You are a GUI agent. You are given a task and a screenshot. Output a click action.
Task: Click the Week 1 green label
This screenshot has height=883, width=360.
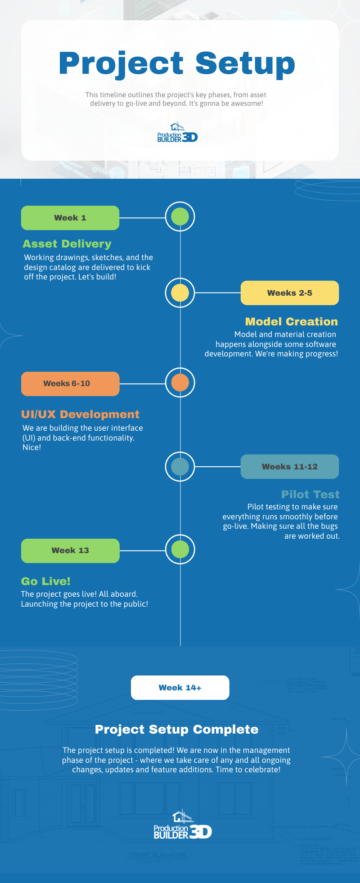pos(70,218)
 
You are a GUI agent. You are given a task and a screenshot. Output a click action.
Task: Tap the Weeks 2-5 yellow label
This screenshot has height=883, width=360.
pos(290,293)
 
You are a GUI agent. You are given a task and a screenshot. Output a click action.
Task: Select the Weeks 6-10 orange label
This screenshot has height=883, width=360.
pos(70,384)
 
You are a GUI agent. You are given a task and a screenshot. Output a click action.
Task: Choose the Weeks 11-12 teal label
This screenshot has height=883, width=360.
pos(290,467)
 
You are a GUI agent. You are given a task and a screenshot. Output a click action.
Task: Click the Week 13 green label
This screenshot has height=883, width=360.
pos(70,551)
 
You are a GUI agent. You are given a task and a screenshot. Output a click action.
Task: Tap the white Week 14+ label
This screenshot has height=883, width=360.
pos(180,688)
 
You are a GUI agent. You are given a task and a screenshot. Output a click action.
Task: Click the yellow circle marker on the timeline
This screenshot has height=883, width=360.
pos(180,293)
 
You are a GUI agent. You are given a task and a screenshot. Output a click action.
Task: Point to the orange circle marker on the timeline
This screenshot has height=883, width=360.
pos(180,383)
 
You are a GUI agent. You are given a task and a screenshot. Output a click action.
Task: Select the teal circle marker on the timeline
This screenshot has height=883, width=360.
pos(180,466)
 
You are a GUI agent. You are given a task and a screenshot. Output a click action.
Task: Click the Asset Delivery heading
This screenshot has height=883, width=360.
pos(67,244)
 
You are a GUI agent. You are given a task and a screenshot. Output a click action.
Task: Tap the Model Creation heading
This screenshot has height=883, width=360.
pos(291,322)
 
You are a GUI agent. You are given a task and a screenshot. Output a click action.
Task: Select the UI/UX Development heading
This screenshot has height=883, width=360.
pos(80,414)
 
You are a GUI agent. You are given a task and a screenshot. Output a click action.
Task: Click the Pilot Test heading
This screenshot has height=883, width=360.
pos(310,495)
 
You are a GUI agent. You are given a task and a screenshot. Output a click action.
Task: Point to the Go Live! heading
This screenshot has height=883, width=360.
pos(46,581)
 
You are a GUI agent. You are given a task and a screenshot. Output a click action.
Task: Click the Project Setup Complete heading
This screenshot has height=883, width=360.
pos(176,730)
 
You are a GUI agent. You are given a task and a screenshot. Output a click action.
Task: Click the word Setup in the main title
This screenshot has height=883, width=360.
pos(245,63)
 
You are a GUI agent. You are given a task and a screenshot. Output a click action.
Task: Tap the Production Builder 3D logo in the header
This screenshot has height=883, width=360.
pos(177,132)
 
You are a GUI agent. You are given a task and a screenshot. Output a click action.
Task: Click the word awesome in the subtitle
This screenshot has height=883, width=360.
pos(248,104)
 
